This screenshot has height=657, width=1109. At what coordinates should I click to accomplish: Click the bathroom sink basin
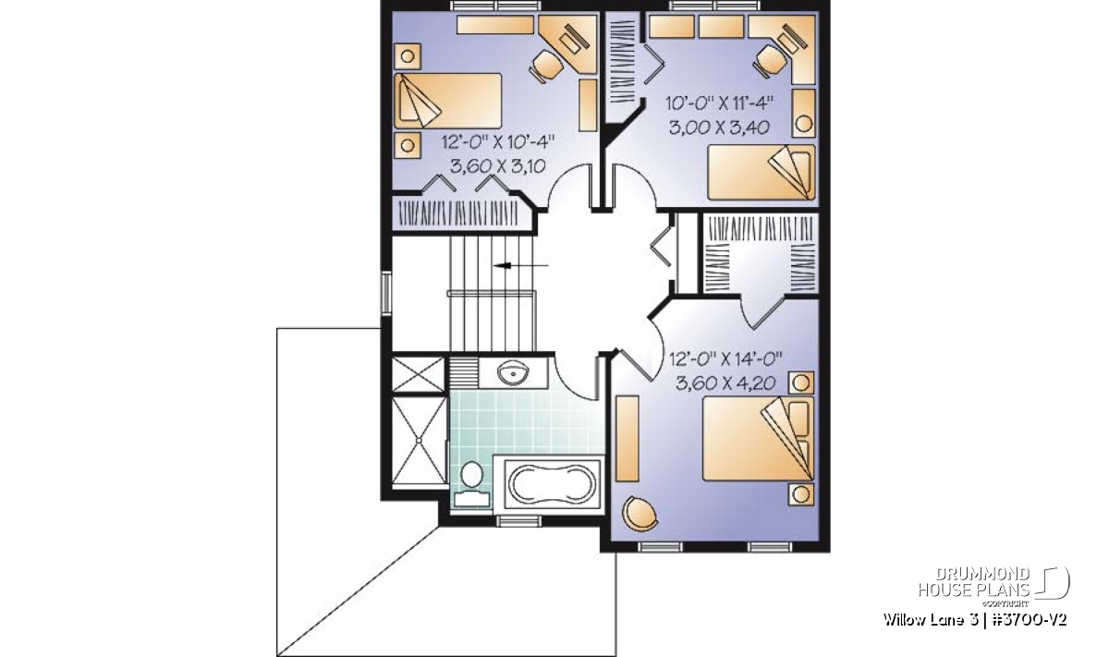(513, 372)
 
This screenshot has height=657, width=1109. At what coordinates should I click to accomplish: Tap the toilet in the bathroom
(471, 483)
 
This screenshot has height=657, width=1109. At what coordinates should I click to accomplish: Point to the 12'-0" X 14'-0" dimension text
(725, 359)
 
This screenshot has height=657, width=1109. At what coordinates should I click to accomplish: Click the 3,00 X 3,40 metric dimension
(719, 128)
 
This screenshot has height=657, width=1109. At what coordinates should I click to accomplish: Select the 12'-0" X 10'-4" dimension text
(497, 142)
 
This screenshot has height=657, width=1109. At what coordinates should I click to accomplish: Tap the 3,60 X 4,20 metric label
(725, 383)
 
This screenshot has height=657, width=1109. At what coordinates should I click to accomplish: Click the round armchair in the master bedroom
(640, 514)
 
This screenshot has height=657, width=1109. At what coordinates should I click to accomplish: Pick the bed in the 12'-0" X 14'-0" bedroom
(758, 439)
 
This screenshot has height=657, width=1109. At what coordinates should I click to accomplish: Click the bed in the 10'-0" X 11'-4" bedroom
(762, 172)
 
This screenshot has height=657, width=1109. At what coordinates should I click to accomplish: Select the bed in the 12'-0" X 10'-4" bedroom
(448, 101)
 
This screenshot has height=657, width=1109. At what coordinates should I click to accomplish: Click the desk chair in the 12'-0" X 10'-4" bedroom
(546, 66)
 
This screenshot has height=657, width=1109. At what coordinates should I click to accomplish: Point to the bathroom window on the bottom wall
(518, 520)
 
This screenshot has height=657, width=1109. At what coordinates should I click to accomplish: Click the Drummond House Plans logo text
(974, 582)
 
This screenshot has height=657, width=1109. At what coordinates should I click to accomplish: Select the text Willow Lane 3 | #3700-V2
(974, 620)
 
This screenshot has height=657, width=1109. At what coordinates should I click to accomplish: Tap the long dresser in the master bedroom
(627, 438)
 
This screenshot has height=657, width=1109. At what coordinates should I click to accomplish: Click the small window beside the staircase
(385, 294)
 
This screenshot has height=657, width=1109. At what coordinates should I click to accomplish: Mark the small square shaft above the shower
(418, 374)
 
